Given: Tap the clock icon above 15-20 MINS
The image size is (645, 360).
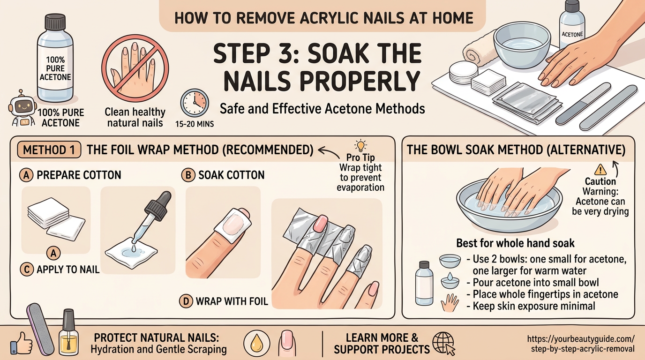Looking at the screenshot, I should click(195, 103).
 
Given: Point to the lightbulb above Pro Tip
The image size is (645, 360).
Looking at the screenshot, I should click(360, 144).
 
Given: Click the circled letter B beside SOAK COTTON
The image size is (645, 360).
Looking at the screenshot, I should click(187, 175).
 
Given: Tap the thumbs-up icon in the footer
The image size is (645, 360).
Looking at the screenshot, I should click(21, 343).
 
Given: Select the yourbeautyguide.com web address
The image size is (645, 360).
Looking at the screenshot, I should click(581, 344).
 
